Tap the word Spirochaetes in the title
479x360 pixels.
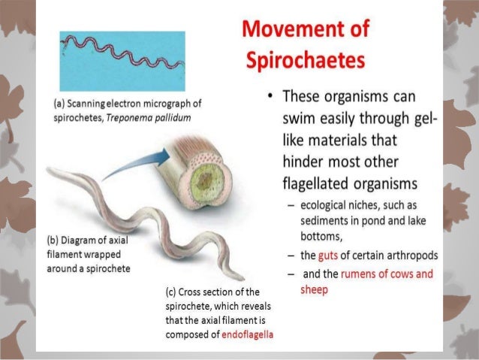point(306,59)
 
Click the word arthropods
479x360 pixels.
point(411,256)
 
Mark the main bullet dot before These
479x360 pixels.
point(267,100)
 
